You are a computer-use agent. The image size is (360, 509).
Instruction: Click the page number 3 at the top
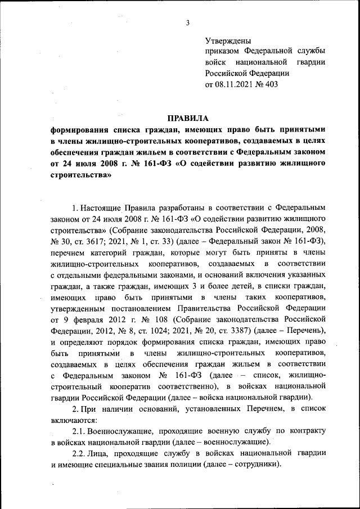tap(188, 23)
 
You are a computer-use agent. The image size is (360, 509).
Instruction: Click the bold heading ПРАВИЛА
tap(188, 118)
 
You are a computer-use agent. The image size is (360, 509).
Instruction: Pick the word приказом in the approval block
tap(224, 52)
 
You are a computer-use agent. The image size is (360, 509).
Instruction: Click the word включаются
tap(74, 420)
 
